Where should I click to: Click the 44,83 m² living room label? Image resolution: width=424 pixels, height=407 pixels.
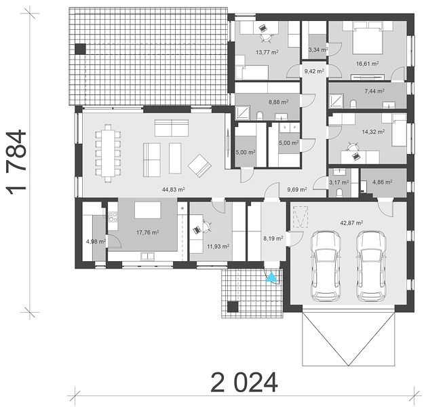pyautogui.click(x=174, y=189)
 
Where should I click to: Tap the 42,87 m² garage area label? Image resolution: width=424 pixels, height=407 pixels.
pyautogui.click(x=351, y=223)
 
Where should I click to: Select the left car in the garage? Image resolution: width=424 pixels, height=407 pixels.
pyautogui.click(x=325, y=266)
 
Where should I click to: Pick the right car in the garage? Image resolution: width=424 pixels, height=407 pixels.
pyautogui.click(x=370, y=266)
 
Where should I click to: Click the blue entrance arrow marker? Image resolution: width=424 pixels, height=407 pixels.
pyautogui.click(x=271, y=277)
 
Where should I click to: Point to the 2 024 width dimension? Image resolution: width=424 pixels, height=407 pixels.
pyautogui.click(x=244, y=382)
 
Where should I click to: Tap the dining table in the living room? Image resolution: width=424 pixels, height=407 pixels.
pyautogui.click(x=108, y=153)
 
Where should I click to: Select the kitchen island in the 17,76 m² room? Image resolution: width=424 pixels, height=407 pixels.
pyautogui.click(x=148, y=210)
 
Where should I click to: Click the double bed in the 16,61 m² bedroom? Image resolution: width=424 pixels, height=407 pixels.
pyautogui.click(x=368, y=41)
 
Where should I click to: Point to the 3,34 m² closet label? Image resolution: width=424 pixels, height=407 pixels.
pyautogui.click(x=318, y=50)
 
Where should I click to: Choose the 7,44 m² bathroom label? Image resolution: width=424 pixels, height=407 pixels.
pyautogui.click(x=374, y=92)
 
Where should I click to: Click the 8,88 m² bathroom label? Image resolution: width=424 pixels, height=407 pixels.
pyautogui.click(x=278, y=102)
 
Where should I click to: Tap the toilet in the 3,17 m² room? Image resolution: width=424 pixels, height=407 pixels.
pyautogui.click(x=339, y=193)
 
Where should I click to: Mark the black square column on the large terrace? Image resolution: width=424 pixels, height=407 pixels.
pyautogui.click(x=80, y=50)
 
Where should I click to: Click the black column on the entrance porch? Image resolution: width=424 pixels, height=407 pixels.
pyautogui.click(x=233, y=307)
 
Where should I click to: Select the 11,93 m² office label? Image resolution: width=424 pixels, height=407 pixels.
pyautogui.click(x=218, y=246)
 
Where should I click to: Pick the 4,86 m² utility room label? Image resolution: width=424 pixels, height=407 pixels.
pyautogui.click(x=383, y=182)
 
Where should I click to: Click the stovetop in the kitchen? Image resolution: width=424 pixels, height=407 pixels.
pyautogui.click(x=113, y=216)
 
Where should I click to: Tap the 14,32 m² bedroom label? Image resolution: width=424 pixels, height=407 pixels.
pyautogui.click(x=373, y=132)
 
